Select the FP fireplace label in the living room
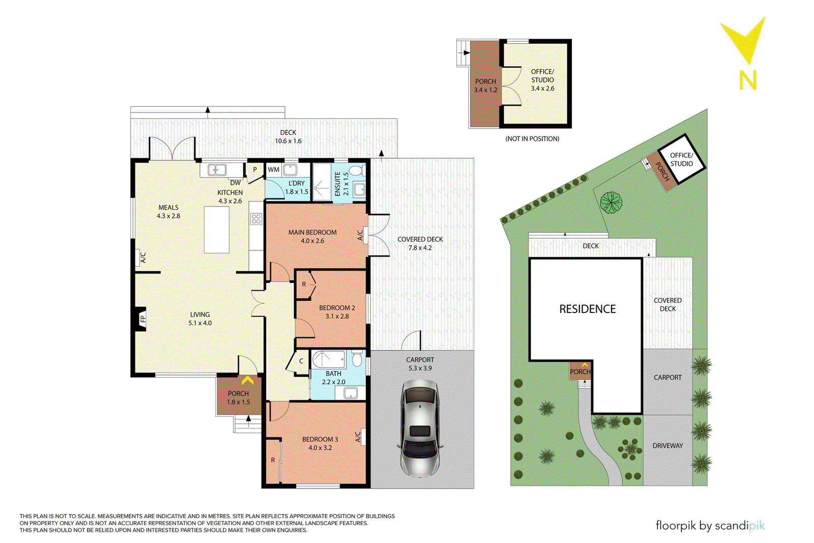(143, 319)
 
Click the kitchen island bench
(217, 230)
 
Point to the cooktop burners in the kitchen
(256, 219)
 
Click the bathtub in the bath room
(328, 359)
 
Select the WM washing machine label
(274, 169)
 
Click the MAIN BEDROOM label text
(312, 232)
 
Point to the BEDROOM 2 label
(337, 308)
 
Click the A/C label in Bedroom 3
(358, 437)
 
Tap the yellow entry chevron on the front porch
(247, 381)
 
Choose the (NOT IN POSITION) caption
(532, 138)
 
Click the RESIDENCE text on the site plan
(587, 309)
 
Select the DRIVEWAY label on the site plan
(667, 446)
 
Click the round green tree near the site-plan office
(611, 202)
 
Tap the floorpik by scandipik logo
(710, 525)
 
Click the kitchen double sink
(217, 170)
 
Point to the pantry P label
(255, 170)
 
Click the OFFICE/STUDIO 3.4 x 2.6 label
(542, 80)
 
